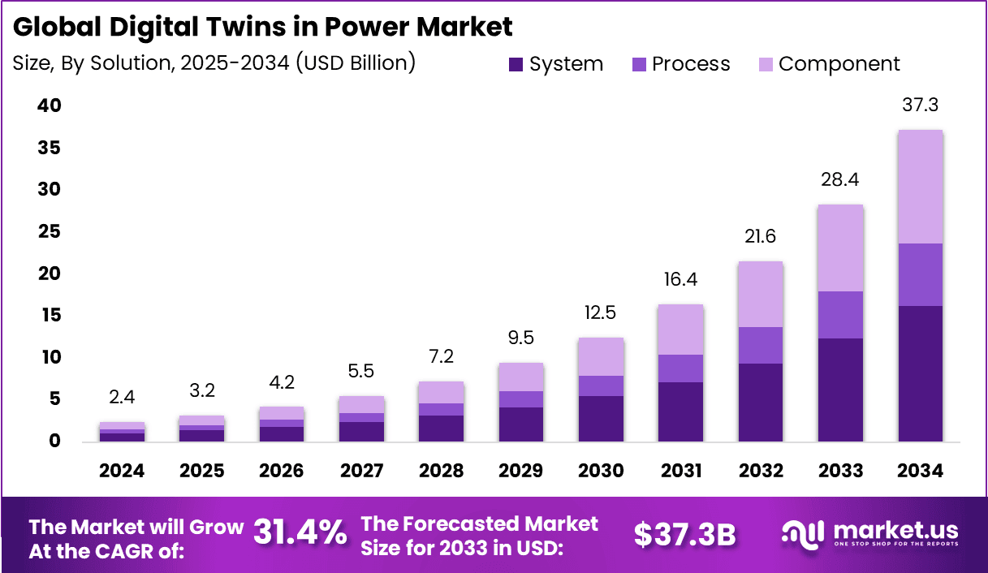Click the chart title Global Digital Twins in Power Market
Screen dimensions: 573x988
coord(263,27)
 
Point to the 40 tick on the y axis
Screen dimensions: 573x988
coord(49,106)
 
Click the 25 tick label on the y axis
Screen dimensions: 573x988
coord(49,231)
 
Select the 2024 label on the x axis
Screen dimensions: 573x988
coord(123,471)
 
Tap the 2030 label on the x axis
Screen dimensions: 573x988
coord(602,471)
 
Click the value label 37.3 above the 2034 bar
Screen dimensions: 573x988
coord(920,105)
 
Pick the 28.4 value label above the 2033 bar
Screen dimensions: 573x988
coord(840,179)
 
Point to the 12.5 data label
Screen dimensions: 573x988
coord(602,312)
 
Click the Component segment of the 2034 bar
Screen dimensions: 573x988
coord(920,187)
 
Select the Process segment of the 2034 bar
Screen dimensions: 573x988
coord(920,274)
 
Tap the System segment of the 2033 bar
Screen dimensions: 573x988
coord(840,390)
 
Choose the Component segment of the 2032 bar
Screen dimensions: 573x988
coord(761,294)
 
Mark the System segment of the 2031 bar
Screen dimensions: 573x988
coord(681,411)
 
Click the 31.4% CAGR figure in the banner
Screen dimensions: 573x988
coord(300,533)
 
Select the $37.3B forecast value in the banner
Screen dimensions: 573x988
coord(684,534)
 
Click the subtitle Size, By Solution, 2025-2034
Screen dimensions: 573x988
coord(214,63)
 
